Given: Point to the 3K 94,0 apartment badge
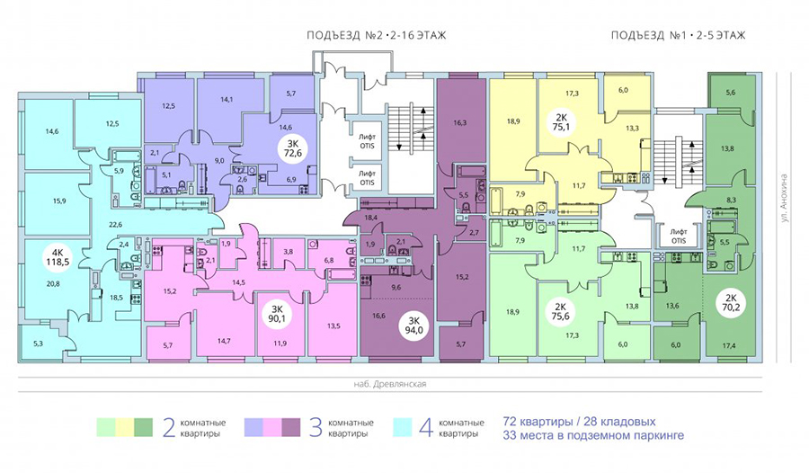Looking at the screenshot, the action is (414, 326).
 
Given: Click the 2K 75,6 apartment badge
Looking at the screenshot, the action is (560, 311).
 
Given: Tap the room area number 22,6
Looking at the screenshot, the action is (115, 225).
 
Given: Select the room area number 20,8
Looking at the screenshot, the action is (52, 283).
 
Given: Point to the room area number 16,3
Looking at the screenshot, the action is (460, 123).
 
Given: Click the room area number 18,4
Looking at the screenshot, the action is (371, 218).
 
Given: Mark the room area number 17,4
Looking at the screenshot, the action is (728, 346).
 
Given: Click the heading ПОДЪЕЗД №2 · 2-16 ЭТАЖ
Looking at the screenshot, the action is (376, 36).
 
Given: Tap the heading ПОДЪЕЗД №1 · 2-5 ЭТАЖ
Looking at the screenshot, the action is (678, 36).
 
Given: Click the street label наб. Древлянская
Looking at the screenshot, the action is (389, 384).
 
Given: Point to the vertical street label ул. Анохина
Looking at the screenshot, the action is (785, 198).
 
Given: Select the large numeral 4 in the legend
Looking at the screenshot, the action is (425, 428).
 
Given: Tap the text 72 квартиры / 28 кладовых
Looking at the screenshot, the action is (579, 422).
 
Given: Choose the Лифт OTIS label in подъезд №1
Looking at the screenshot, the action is (679, 236).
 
